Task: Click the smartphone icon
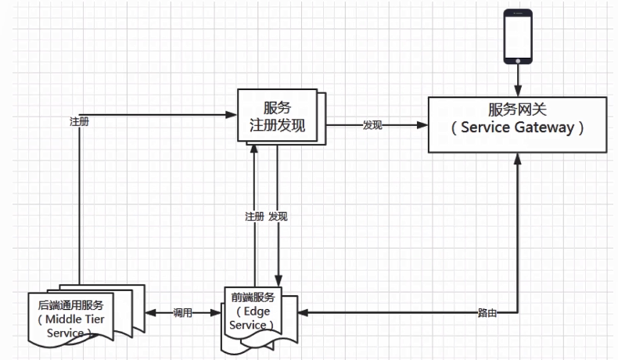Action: (517, 37)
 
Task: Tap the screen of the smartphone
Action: (517, 36)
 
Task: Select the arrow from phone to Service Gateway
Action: (517, 81)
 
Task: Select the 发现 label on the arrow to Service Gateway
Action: (372, 125)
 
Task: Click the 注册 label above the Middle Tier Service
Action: (79, 122)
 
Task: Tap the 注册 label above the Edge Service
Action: (254, 216)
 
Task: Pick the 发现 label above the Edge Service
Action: (278, 216)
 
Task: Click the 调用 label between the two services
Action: (184, 313)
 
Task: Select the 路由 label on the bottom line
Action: (487, 313)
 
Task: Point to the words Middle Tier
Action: (79, 319)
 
